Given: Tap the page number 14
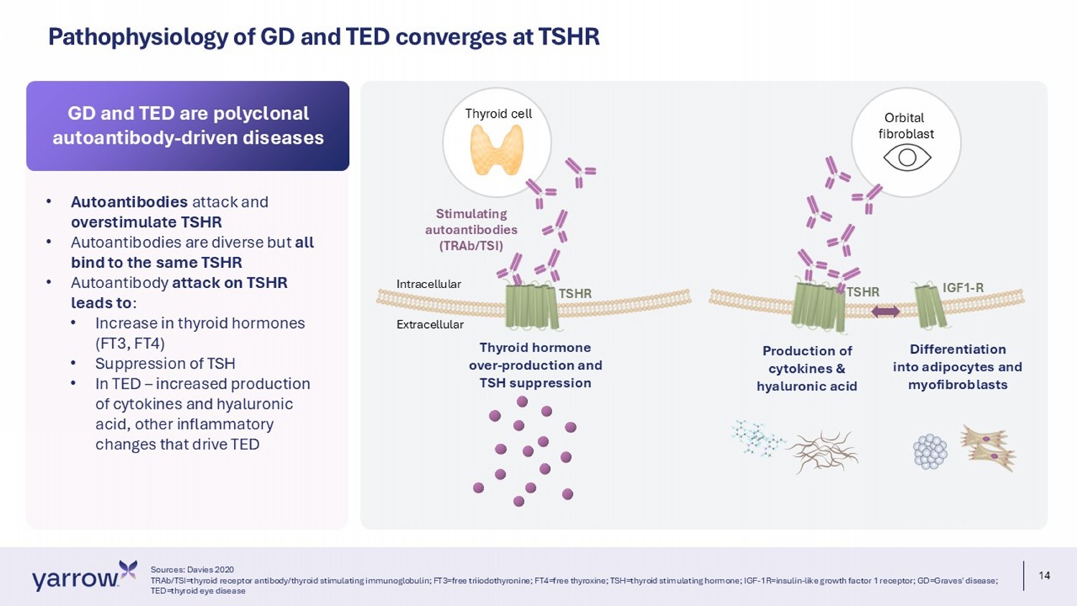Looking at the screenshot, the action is [1044, 576].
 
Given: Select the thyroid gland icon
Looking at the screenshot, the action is [497, 149].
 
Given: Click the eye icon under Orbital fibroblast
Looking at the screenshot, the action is [908, 158].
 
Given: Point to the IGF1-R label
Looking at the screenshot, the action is [963, 288].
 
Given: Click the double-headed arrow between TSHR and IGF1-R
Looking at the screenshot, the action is [885, 311].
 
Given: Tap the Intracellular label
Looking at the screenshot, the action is [429, 284].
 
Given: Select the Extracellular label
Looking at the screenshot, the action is [430, 325].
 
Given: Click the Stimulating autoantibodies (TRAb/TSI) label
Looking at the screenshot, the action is [471, 230].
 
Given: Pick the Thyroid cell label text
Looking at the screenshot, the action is [498, 113].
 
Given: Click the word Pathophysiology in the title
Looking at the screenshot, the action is [138, 37].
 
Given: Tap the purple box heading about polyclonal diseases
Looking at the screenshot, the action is [188, 126].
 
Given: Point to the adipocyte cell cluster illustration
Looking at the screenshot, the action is [930, 452].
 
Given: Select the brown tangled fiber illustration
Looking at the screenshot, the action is [823, 451].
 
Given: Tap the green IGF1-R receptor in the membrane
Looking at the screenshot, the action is [931, 306].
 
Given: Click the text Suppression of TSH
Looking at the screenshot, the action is [165, 363].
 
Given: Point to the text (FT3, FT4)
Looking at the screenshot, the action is [130, 343].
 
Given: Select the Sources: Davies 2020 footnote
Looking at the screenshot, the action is [192, 569].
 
